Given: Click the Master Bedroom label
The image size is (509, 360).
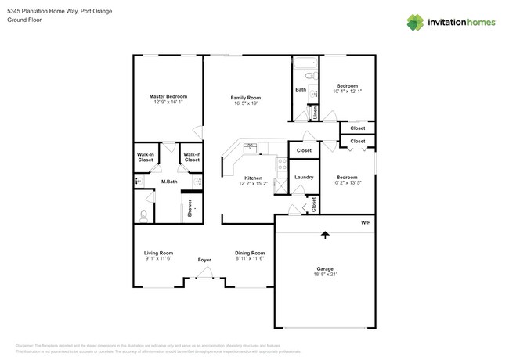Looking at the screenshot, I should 168,96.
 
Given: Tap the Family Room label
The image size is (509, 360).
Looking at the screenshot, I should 244,97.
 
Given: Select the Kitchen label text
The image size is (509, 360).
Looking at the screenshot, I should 253,178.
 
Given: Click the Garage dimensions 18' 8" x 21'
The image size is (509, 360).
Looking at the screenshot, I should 324,275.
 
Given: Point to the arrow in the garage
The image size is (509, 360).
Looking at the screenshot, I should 325,233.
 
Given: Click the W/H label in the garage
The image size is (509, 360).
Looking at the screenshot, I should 365,223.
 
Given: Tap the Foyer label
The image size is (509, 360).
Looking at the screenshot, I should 204,260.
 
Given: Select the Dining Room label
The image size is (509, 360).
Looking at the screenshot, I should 250,253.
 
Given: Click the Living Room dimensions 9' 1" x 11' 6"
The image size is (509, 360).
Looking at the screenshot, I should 158,259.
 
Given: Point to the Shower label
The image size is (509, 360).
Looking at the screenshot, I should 190,207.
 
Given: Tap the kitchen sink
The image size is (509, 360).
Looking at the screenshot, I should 251,147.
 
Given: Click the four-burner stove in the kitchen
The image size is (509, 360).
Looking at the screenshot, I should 281,164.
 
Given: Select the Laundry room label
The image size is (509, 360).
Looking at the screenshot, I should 304,178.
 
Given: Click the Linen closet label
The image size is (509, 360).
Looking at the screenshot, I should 316,112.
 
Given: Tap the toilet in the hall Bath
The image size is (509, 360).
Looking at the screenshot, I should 309,76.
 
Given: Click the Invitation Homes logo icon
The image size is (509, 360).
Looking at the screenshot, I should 415,22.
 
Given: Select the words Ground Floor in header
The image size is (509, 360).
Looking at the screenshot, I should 23,20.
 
